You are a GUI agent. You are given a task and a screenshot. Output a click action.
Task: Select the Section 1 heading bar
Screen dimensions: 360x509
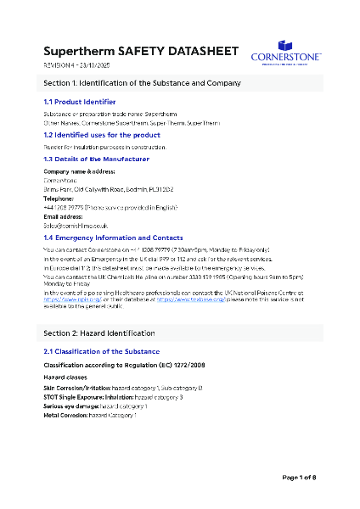[180, 83]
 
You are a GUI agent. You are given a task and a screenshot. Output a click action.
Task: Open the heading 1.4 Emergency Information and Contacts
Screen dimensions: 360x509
[113, 238]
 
